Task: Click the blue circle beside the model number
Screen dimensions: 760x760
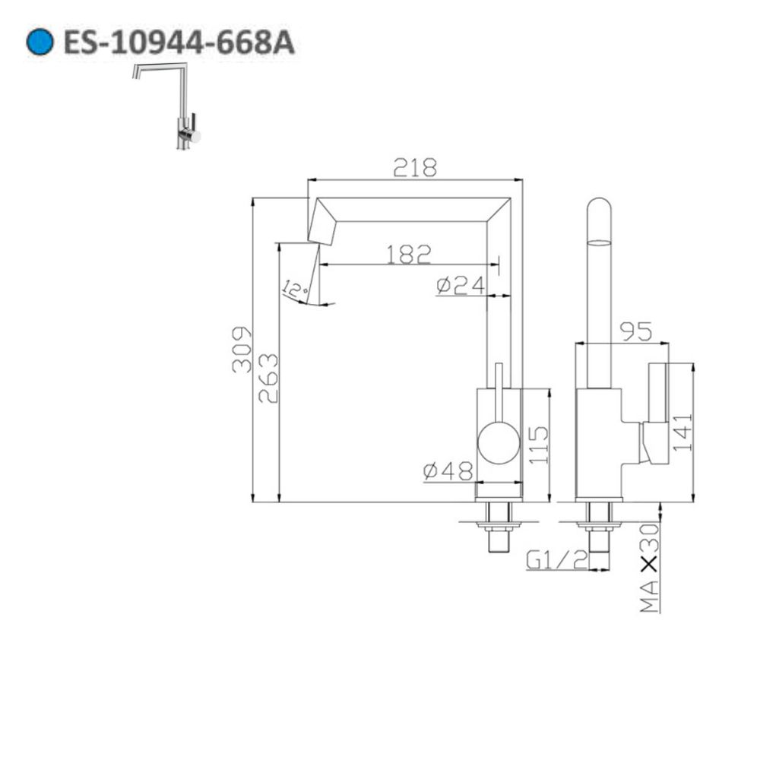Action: pos(40,42)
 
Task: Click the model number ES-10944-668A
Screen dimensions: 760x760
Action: pos(178,43)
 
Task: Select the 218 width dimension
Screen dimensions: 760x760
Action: pos(415,168)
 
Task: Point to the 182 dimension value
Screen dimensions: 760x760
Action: pos(408,254)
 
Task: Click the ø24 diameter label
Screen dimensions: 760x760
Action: pos(461,285)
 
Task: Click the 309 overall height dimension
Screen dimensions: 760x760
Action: pos(242,349)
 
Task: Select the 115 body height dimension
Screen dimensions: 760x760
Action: pos(537,445)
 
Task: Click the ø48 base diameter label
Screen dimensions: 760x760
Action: pos(448,472)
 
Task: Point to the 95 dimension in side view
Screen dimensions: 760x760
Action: pos(635,331)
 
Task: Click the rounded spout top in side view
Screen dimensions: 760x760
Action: pos(600,217)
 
